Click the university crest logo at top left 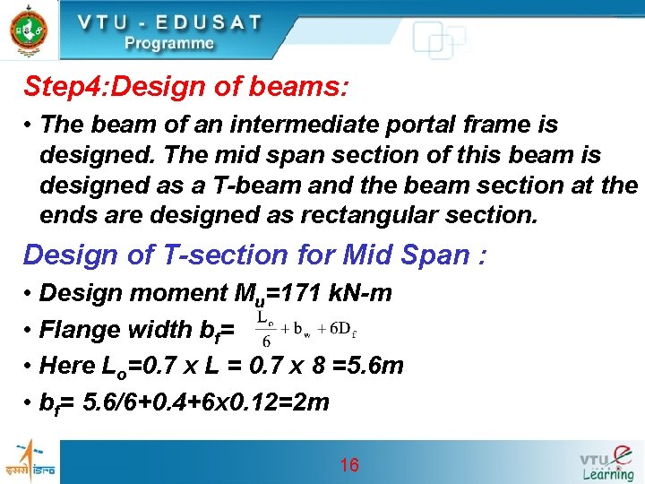(28, 30)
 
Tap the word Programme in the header (169, 42)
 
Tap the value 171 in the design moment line (292, 293)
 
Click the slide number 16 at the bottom (348, 464)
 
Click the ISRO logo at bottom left (28, 462)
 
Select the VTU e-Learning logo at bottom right (606, 462)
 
